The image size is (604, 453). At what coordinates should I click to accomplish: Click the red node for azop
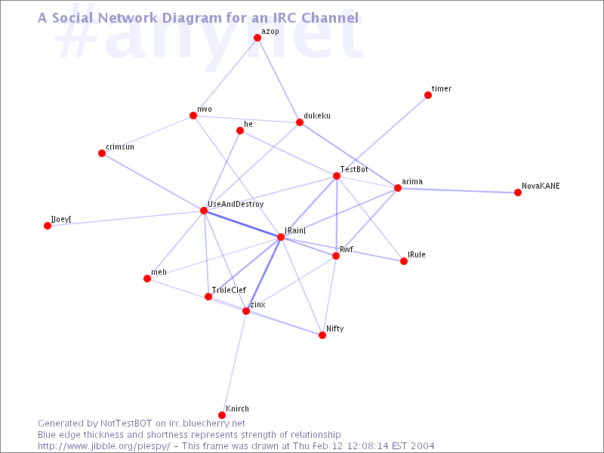257,38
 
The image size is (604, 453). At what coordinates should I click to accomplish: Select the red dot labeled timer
428,95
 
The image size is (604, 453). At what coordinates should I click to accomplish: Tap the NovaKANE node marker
518,193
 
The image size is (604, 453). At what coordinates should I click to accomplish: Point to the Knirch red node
222,415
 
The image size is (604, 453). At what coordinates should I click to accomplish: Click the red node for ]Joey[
48,226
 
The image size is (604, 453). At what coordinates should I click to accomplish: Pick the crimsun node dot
102,153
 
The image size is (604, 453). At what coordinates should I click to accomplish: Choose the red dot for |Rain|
281,237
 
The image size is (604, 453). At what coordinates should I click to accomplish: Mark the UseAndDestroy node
204,211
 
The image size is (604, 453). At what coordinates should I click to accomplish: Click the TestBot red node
337,176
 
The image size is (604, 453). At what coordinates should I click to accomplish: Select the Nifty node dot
322,335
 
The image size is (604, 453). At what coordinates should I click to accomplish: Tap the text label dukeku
317,116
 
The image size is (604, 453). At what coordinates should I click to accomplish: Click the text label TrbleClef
229,290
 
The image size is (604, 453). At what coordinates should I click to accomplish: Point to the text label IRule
417,255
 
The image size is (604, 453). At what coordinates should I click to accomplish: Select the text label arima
412,182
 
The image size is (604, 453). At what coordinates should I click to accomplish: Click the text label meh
159,272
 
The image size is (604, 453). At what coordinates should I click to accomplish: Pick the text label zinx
257,304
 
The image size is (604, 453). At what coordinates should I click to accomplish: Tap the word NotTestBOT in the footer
127,424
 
